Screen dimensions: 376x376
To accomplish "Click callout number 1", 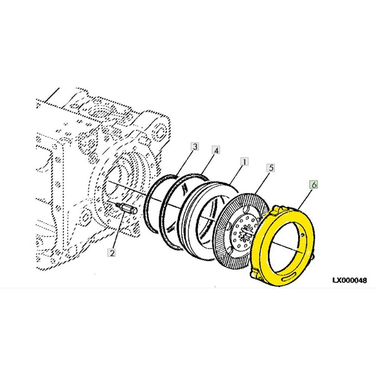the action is (x=244, y=162).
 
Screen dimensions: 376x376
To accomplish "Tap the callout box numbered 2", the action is (x=112, y=252).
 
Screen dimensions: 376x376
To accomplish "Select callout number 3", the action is (x=195, y=146).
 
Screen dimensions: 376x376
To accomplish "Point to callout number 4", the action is (x=216, y=150).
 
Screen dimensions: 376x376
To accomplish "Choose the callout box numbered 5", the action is (x=271, y=168).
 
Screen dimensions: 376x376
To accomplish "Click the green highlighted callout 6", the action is (x=314, y=185).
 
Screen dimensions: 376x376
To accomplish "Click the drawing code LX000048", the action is (x=349, y=280).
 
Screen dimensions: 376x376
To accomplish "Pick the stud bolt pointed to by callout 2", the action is (x=127, y=208).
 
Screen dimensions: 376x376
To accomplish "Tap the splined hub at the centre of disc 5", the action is (x=247, y=232).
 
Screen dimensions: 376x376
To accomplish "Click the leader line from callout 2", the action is (x=118, y=230).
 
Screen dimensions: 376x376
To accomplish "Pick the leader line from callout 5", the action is (x=262, y=183).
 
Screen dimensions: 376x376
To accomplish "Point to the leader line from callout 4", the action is (x=207, y=164).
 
